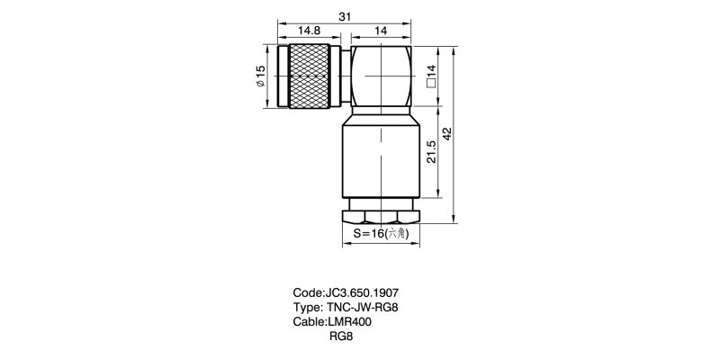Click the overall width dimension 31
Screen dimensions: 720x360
(345, 16)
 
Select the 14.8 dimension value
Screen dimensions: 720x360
(309, 31)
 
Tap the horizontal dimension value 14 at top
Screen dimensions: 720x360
(381, 31)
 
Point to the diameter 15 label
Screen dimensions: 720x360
(260, 76)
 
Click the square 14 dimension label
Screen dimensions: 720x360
(431, 76)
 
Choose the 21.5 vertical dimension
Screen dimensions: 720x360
(431, 152)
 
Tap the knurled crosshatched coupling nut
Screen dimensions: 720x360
(309, 76)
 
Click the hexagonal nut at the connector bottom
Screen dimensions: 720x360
(381, 216)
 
